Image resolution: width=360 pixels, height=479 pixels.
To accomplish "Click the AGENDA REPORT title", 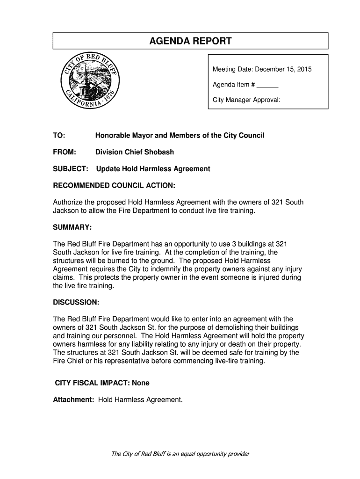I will [x=190, y=42].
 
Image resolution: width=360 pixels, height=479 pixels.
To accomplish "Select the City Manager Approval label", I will [x=246, y=100].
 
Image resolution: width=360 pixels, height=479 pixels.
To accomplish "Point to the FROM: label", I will [x=64, y=152].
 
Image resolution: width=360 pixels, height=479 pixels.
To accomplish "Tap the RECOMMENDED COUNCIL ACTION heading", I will [x=114, y=186].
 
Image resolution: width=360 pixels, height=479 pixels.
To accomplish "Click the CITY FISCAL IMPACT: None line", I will [x=102, y=383].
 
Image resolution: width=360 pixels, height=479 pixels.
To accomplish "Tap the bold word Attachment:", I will [x=74, y=399].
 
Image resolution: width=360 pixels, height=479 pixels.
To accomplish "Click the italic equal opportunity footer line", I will [x=180, y=454].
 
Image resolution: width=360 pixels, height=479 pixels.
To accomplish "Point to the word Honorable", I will [x=114, y=135].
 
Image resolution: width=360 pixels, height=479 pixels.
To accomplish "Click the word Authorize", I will [x=69, y=202].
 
